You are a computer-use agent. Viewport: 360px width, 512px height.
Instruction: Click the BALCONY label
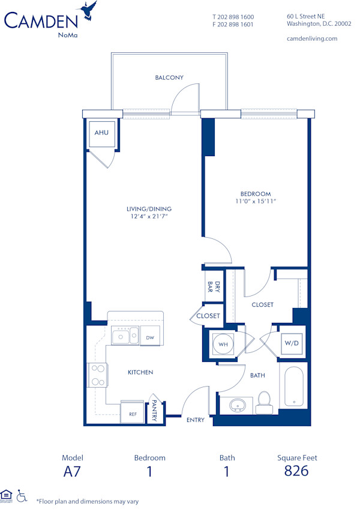[169, 77]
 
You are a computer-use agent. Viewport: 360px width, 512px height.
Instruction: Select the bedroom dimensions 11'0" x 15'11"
[256, 202]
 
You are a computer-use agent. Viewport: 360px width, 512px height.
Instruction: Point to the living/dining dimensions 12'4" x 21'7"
[145, 216]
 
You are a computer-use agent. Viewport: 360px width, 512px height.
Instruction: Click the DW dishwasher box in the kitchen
[150, 338]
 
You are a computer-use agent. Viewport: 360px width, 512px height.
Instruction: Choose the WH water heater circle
[223, 345]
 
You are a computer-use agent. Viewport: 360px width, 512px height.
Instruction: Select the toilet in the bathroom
[265, 403]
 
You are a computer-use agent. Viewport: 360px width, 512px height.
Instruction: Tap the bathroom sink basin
[239, 406]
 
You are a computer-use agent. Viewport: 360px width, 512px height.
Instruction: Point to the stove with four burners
[97, 375]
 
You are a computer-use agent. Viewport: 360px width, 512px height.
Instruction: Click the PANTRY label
[154, 411]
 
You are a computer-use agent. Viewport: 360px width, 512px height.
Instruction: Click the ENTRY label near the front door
[195, 420]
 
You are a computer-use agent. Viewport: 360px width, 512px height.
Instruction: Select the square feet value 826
[297, 471]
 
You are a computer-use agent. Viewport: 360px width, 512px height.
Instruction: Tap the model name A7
[73, 471]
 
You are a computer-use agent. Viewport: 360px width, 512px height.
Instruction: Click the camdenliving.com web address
[312, 38]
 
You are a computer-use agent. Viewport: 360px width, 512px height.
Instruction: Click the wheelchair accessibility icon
[22, 496]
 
